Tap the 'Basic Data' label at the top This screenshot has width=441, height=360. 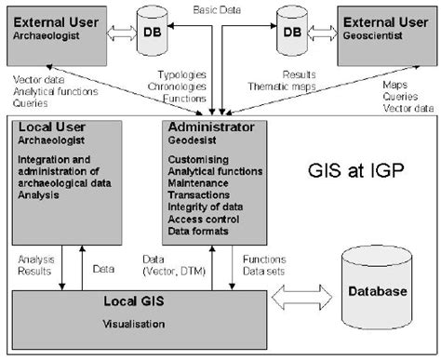coord(216,8)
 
